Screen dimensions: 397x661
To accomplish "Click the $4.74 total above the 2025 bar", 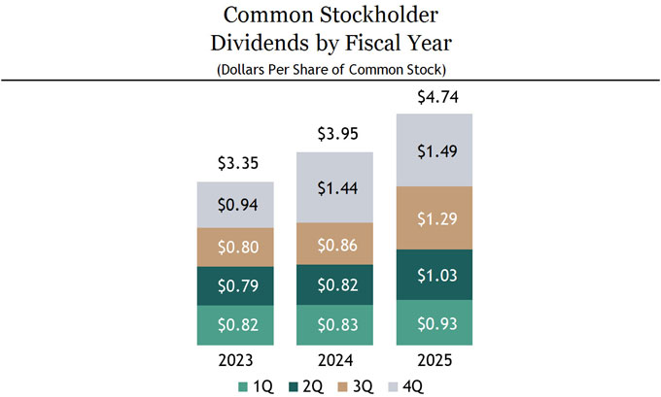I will coord(434,96).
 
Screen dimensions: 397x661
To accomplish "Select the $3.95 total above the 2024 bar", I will coord(334,134).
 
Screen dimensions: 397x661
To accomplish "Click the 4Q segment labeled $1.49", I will coord(434,150).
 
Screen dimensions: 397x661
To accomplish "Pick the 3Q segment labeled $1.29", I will coord(434,218).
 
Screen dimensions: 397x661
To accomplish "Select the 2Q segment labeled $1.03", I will coord(434,275).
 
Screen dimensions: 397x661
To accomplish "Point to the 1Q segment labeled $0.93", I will coord(434,322).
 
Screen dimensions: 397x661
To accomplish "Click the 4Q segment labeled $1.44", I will coord(334,188).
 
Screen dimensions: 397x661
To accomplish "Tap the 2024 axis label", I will coord(334,359).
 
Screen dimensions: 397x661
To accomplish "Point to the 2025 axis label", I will coord(434,359).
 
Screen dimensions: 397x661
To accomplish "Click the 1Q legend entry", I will coord(256,385).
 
